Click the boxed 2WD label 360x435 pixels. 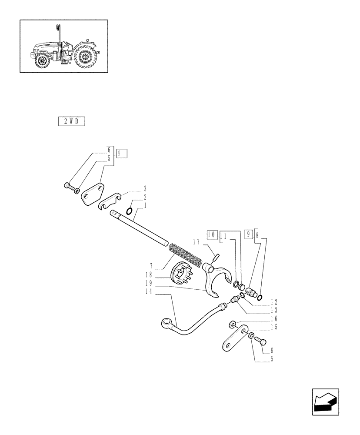pyautogui.click(x=71, y=121)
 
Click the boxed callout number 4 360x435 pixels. pyautogui.click(x=121, y=153)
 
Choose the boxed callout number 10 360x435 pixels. pyautogui.click(x=212, y=234)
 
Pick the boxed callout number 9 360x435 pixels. pyautogui.click(x=248, y=234)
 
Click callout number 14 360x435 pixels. pyautogui.click(x=149, y=293)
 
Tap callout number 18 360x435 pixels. pyautogui.click(x=149, y=274)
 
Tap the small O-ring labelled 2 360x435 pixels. pyautogui.click(x=130, y=211)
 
